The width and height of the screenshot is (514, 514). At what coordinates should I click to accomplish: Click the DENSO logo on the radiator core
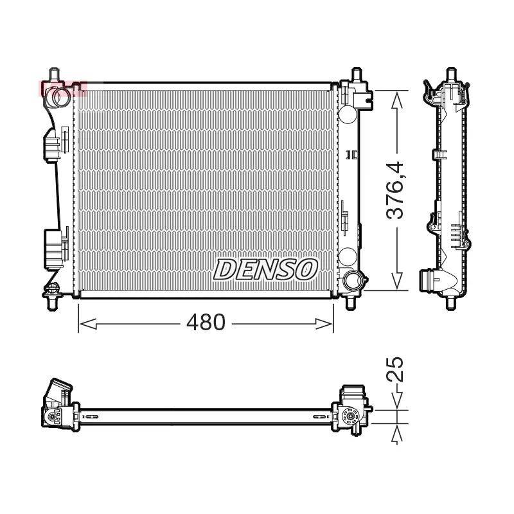pos(265,269)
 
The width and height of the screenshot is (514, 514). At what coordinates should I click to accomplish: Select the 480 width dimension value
pos(206,323)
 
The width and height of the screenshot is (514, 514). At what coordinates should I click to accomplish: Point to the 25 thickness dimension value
pos(398,369)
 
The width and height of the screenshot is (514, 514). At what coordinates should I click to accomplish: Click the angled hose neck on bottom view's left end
pos(58,391)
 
